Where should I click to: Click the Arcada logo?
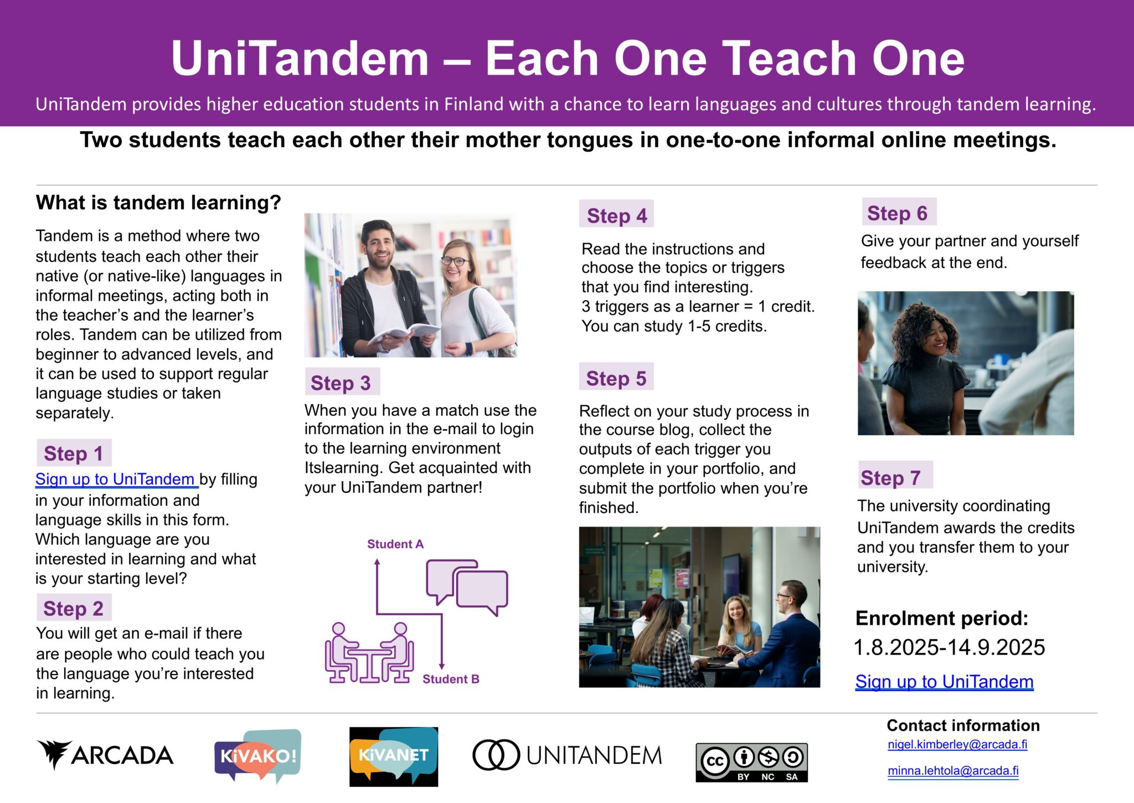point(105,755)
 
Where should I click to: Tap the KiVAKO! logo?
point(258,756)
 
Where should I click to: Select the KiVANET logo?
point(394,756)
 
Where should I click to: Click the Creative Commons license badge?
point(751,763)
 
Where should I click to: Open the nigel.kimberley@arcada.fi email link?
point(957,744)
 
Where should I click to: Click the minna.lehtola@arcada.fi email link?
point(953,771)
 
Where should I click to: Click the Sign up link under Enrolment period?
point(944,682)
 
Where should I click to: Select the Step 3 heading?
point(341,383)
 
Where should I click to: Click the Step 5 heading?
point(616,378)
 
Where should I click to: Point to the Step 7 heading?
point(891,477)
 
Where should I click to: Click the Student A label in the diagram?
point(395,544)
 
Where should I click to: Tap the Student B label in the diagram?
point(451,679)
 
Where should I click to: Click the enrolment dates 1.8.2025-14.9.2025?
point(949,647)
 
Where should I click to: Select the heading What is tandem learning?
point(158,203)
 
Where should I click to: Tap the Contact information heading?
point(963,725)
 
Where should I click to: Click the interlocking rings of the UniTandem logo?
point(496,755)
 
